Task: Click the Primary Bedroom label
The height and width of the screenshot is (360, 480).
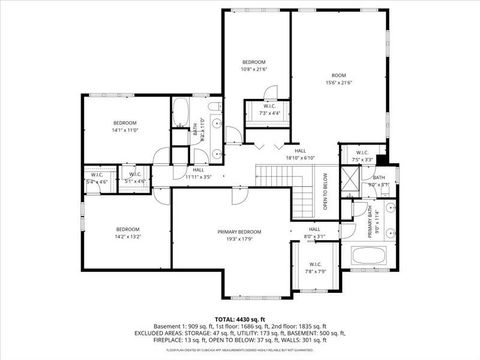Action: click(x=232, y=234)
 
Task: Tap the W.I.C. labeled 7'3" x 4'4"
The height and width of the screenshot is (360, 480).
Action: click(x=270, y=109)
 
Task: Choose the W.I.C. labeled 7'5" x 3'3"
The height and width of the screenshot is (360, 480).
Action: click(x=362, y=156)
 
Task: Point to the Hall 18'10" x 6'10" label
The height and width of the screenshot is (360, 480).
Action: click(x=300, y=155)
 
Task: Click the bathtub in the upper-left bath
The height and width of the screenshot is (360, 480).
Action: click(x=185, y=110)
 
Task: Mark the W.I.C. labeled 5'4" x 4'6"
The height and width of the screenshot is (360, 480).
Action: click(x=98, y=179)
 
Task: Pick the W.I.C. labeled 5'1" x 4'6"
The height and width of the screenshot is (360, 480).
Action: click(x=135, y=179)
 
